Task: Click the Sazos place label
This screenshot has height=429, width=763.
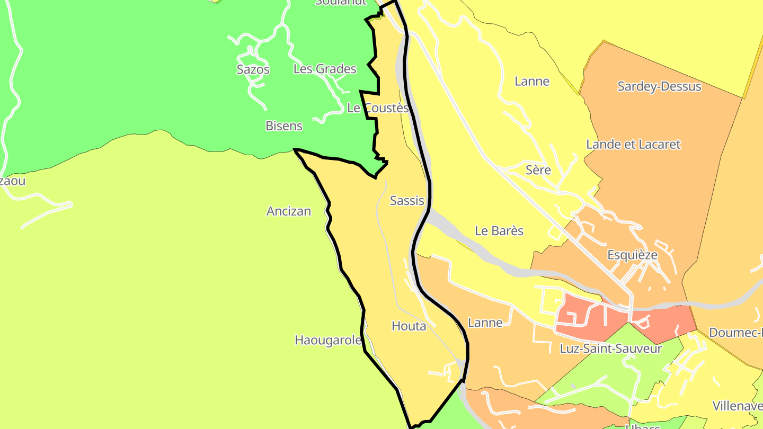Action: [x=253, y=69]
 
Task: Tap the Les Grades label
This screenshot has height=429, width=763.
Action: [x=325, y=69]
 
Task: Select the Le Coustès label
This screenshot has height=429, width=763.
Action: [x=378, y=108]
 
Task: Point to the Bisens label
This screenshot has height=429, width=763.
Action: [x=284, y=126]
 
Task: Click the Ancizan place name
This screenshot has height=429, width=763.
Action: [x=289, y=211]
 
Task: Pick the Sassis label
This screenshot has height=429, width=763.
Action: [x=407, y=201]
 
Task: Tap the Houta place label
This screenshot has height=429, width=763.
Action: [x=409, y=326]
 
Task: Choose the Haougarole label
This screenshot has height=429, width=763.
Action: [x=328, y=340]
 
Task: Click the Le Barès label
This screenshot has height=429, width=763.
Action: [x=499, y=231]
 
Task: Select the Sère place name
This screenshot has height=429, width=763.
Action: [x=538, y=170]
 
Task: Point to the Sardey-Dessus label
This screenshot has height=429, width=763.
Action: [x=659, y=86]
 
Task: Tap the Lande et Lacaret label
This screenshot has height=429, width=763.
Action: [x=633, y=145]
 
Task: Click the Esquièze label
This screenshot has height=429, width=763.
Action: [x=632, y=255]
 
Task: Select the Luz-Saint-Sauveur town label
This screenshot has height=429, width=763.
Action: [x=611, y=349]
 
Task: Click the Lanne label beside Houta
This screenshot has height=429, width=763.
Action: [x=485, y=323]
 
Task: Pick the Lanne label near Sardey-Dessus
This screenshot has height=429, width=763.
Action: [x=532, y=82]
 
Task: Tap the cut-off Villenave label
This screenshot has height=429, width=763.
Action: [x=738, y=406]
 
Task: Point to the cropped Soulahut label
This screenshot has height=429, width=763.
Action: [x=341, y=2]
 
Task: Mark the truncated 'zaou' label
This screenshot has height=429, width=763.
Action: [x=13, y=181]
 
